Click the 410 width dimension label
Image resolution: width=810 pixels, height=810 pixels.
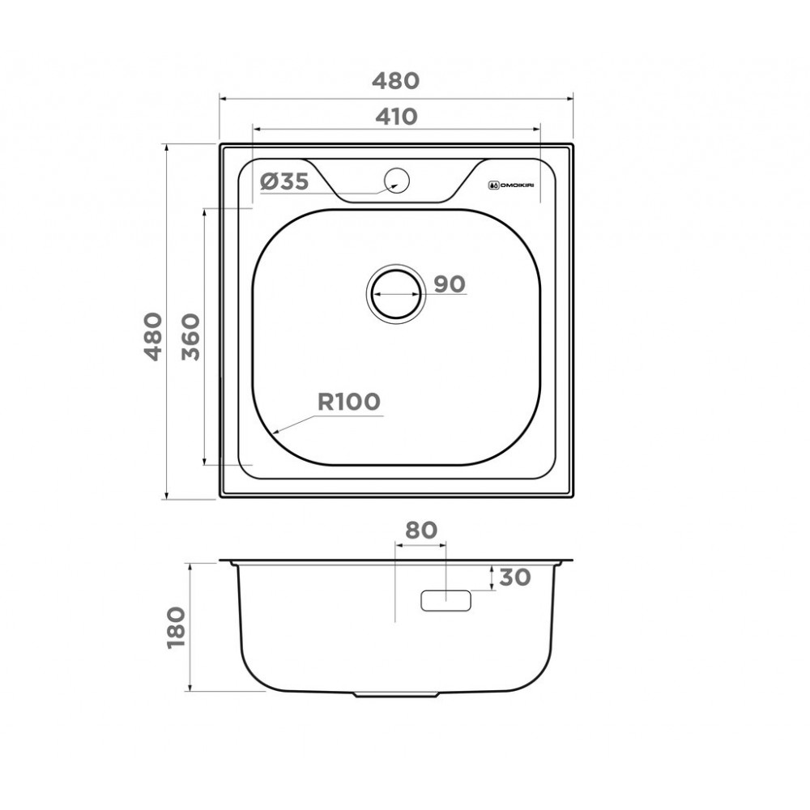click(x=396, y=117)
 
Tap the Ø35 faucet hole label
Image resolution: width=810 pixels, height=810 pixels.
click(x=284, y=181)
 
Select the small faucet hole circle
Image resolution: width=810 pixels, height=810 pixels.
click(x=397, y=181)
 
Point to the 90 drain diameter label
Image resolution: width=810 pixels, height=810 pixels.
click(x=450, y=284)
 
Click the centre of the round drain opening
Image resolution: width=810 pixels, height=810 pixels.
click(x=396, y=294)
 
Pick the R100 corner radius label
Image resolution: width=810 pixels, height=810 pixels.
click(x=348, y=402)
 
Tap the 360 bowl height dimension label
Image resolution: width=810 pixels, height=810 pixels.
click(x=190, y=337)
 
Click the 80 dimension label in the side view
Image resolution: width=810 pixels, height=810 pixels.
click(x=421, y=530)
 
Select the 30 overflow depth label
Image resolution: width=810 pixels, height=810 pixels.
click(x=515, y=577)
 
